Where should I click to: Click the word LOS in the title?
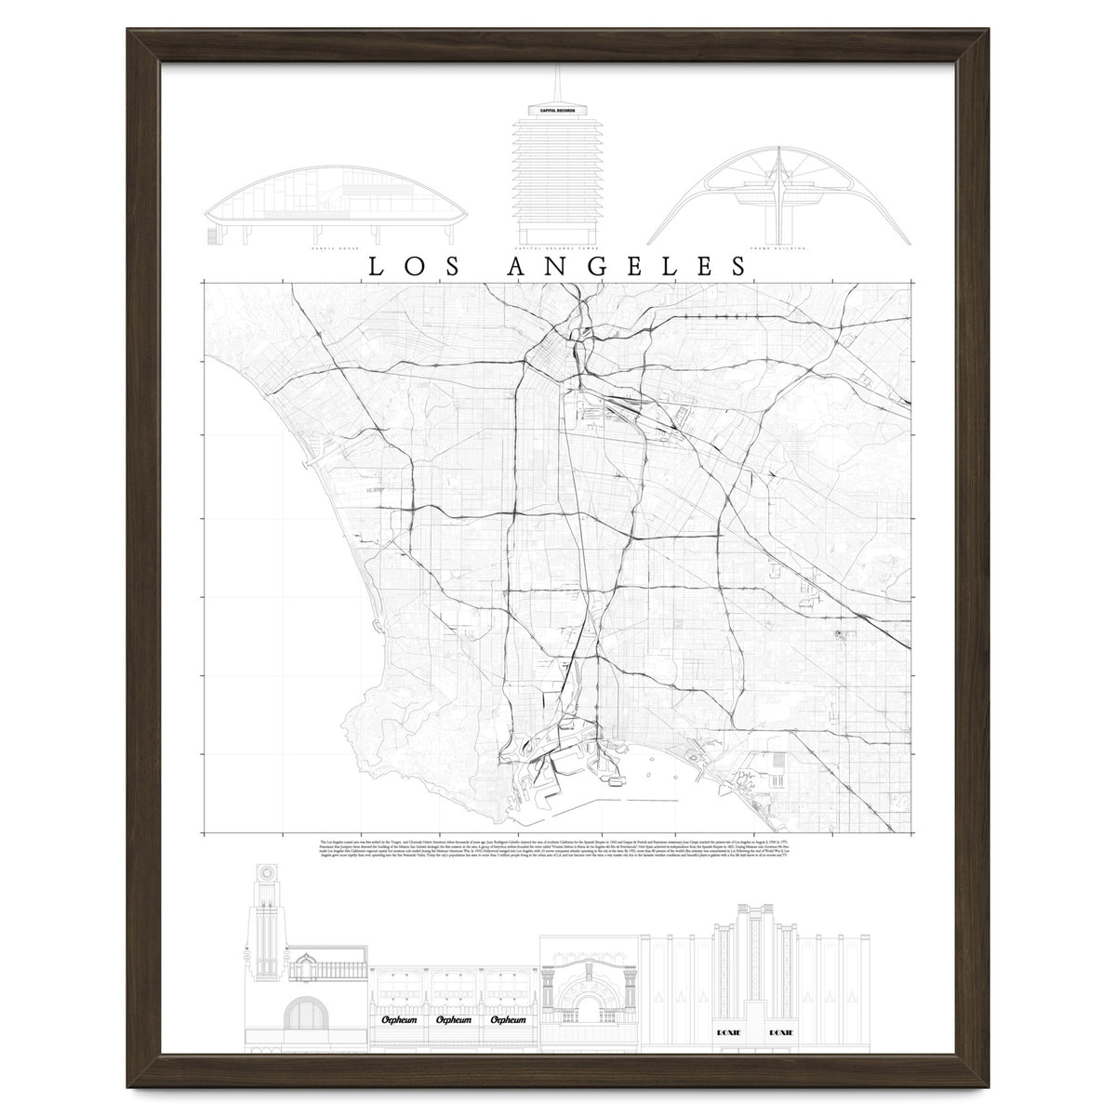pyautogui.click(x=415, y=266)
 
